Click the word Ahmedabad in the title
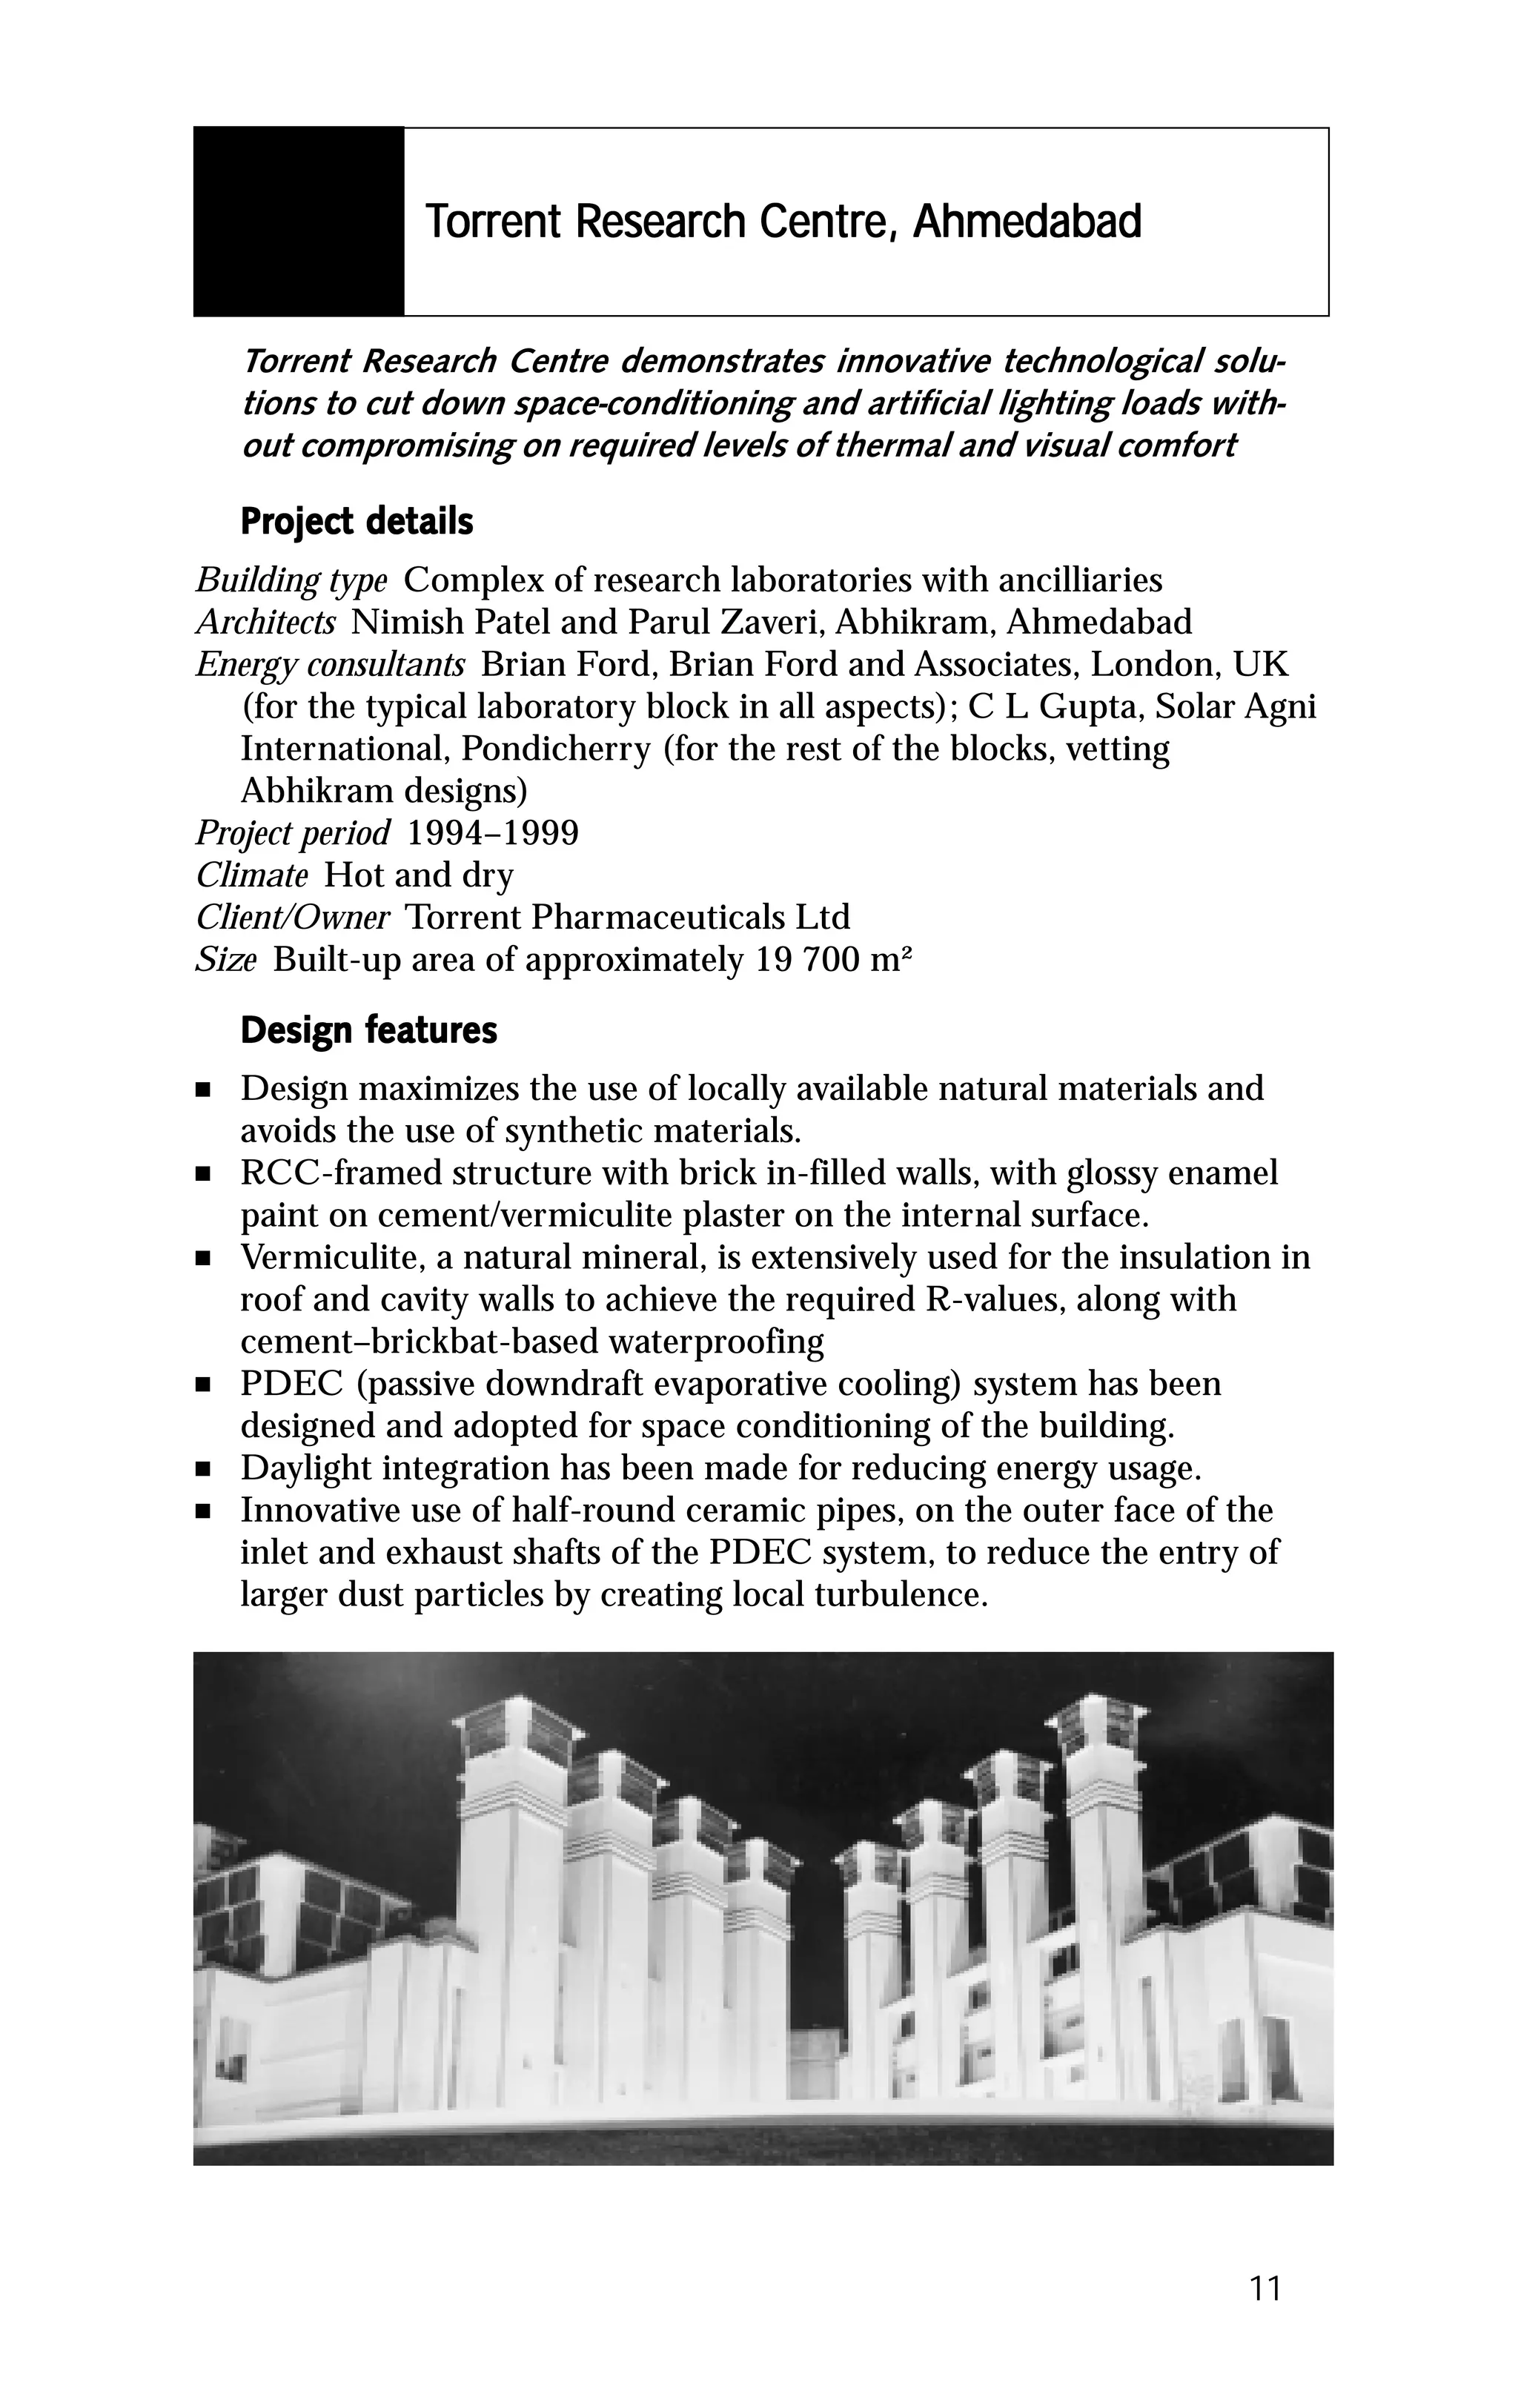click(x=1027, y=222)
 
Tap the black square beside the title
click(x=299, y=222)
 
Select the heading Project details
click(x=357, y=521)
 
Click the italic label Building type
click(x=291, y=580)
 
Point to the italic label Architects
click(x=265, y=623)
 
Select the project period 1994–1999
click(x=493, y=832)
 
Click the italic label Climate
click(x=251, y=875)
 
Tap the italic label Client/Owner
click(x=293, y=917)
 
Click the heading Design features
click(x=368, y=1030)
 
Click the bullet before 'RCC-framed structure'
click(x=204, y=1176)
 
